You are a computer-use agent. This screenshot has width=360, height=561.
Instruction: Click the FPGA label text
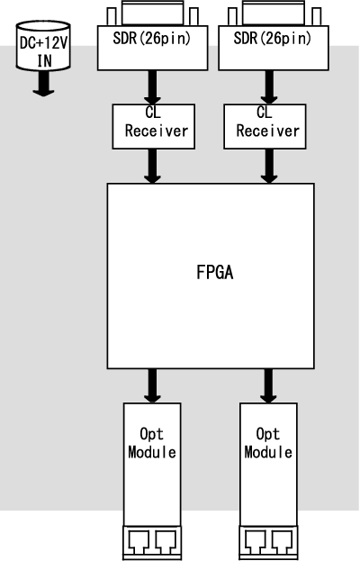tap(215, 272)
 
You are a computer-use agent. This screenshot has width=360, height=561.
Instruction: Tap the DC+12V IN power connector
tap(43, 45)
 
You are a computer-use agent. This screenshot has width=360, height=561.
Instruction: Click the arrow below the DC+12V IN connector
tap(43, 84)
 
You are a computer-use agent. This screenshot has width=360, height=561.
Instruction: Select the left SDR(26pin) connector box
tap(153, 48)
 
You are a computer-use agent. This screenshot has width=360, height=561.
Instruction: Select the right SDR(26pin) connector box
tap(274, 48)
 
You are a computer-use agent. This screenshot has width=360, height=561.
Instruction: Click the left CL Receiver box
tap(154, 126)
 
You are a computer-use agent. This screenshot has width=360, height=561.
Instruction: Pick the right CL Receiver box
tap(265, 126)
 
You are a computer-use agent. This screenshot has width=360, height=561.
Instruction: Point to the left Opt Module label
tap(152, 443)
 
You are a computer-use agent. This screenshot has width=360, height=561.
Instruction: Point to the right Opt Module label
tap(268, 443)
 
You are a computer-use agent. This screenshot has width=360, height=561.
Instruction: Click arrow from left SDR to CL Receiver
tap(152, 87)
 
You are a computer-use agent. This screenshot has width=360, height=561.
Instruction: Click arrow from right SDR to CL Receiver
tap(269, 87)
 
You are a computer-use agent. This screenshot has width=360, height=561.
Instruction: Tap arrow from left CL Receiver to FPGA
tap(152, 167)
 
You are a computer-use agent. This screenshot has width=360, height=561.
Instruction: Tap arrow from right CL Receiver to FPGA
tap(269, 167)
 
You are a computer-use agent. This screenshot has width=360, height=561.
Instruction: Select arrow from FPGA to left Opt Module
tap(152, 386)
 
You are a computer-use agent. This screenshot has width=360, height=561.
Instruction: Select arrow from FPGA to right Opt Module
tap(268, 386)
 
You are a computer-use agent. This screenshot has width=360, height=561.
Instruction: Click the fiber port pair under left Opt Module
tap(152, 542)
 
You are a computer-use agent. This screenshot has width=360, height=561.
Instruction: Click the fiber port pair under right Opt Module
tap(268, 542)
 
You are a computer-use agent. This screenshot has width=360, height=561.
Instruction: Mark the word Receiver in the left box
tap(157, 131)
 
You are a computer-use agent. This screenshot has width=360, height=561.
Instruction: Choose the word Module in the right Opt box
tap(268, 452)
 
